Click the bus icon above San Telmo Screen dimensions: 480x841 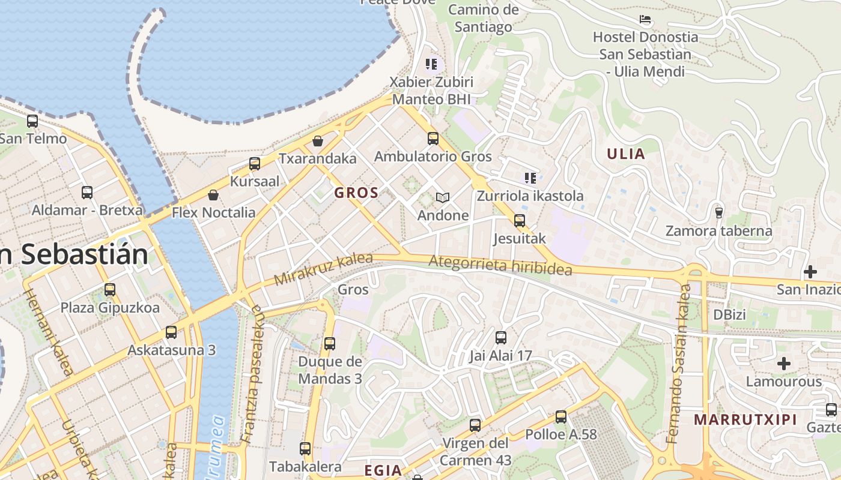(x=32, y=121)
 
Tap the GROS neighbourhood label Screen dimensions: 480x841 (x=356, y=193)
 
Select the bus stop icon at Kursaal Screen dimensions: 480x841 (x=255, y=164)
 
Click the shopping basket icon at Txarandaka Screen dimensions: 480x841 (x=318, y=141)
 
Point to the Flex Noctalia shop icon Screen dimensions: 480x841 (x=213, y=195)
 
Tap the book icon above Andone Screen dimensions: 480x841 (x=443, y=197)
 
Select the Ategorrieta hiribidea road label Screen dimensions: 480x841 (x=500, y=265)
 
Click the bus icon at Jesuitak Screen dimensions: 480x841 (x=520, y=221)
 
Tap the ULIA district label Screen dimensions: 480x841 (x=625, y=154)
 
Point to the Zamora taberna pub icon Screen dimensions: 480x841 (x=718, y=212)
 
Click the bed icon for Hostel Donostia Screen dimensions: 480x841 (x=645, y=20)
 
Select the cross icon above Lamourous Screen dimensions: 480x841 (x=783, y=364)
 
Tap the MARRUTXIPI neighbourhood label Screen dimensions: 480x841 (x=745, y=419)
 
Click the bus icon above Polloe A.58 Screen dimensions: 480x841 (x=561, y=416)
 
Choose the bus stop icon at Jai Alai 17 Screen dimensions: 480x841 (x=501, y=338)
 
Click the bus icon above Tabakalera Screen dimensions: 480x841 (x=305, y=449)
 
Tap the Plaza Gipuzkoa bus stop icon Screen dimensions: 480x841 (x=110, y=290)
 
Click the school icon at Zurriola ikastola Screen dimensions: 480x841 (x=530, y=178)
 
